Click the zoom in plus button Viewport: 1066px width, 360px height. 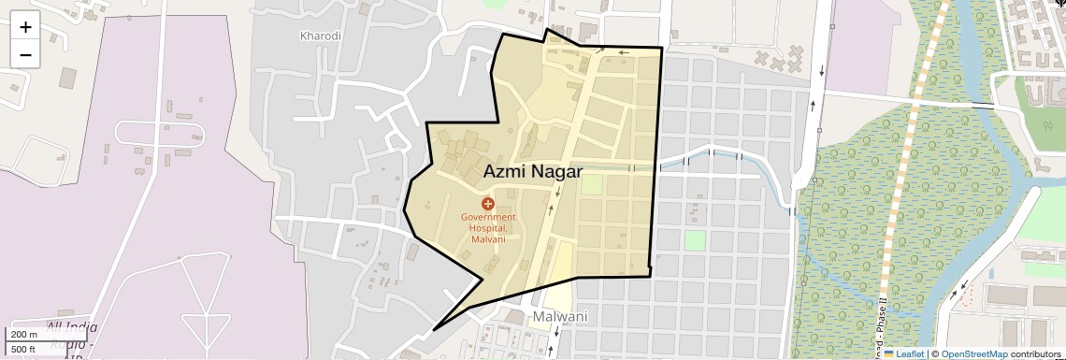pyautogui.click(x=25, y=27)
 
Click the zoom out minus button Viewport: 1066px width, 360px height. pyautogui.click(x=25, y=54)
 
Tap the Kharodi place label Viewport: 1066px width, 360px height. pyautogui.click(x=321, y=36)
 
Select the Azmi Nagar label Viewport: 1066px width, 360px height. pyautogui.click(x=532, y=172)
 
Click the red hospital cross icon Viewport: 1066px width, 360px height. pyautogui.click(x=487, y=203)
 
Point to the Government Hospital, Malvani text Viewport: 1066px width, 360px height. pyautogui.click(x=488, y=228)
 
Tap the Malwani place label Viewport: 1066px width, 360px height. pyautogui.click(x=561, y=317)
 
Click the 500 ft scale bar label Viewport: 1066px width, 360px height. pyautogui.click(x=24, y=350)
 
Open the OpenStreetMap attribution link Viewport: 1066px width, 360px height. pyautogui.click(x=973, y=353)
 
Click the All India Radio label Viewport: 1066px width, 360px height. pyautogui.click(x=71, y=336)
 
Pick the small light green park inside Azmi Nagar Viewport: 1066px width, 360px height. pyautogui.click(x=591, y=184)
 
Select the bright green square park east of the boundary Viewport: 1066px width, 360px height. pyautogui.click(x=694, y=240)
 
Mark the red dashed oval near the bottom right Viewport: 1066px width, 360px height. pyautogui.click(x=967, y=296)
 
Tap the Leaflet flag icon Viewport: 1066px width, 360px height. pyautogui.click(x=888, y=353)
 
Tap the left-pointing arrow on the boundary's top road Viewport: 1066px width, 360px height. pyautogui.click(x=622, y=53)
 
